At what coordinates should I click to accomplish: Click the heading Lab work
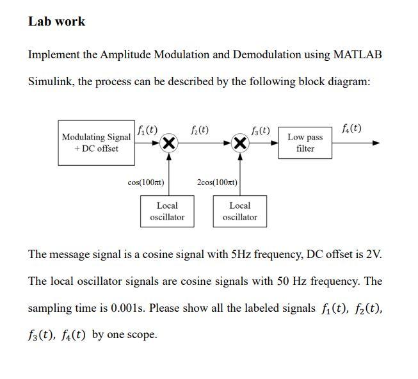click(x=56, y=21)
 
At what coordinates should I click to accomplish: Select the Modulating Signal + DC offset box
click(x=96, y=143)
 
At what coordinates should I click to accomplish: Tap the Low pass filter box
click(x=305, y=143)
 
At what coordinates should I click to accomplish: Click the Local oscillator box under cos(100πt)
click(x=167, y=211)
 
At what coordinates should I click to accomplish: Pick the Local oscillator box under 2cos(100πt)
click(x=239, y=211)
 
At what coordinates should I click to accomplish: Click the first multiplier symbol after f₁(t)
click(x=168, y=143)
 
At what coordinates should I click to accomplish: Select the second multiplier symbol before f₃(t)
click(x=240, y=143)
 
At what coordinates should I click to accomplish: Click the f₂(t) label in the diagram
click(x=199, y=129)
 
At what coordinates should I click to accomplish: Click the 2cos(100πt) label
click(x=218, y=182)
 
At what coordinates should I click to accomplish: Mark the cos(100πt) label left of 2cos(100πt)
click(x=146, y=182)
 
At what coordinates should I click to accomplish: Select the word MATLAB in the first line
click(x=358, y=54)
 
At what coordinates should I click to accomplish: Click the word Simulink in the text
click(x=50, y=82)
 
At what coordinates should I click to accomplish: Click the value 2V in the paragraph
click(x=372, y=254)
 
